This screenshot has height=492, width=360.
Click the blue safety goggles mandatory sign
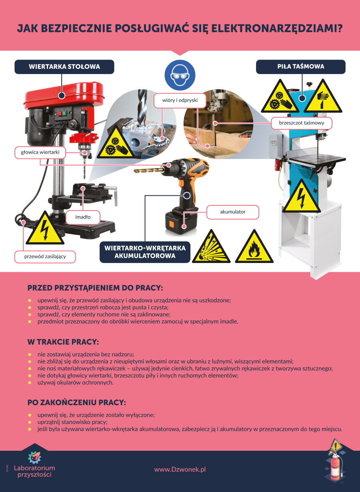180,75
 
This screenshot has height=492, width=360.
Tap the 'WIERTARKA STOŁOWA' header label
64,67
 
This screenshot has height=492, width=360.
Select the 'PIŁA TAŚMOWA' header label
301,66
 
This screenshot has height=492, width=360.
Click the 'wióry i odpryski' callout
180,100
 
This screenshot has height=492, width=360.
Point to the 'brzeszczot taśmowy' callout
302,123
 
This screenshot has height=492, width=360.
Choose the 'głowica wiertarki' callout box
40,152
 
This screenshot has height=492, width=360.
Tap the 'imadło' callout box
83,217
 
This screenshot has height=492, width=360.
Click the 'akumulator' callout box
233,212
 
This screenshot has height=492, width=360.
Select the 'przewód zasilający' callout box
45,257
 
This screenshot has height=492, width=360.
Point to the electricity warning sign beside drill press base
45,229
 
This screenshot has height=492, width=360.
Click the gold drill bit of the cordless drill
149,170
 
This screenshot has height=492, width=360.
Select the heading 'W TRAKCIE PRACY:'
63,342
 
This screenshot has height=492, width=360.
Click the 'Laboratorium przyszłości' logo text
34,471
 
